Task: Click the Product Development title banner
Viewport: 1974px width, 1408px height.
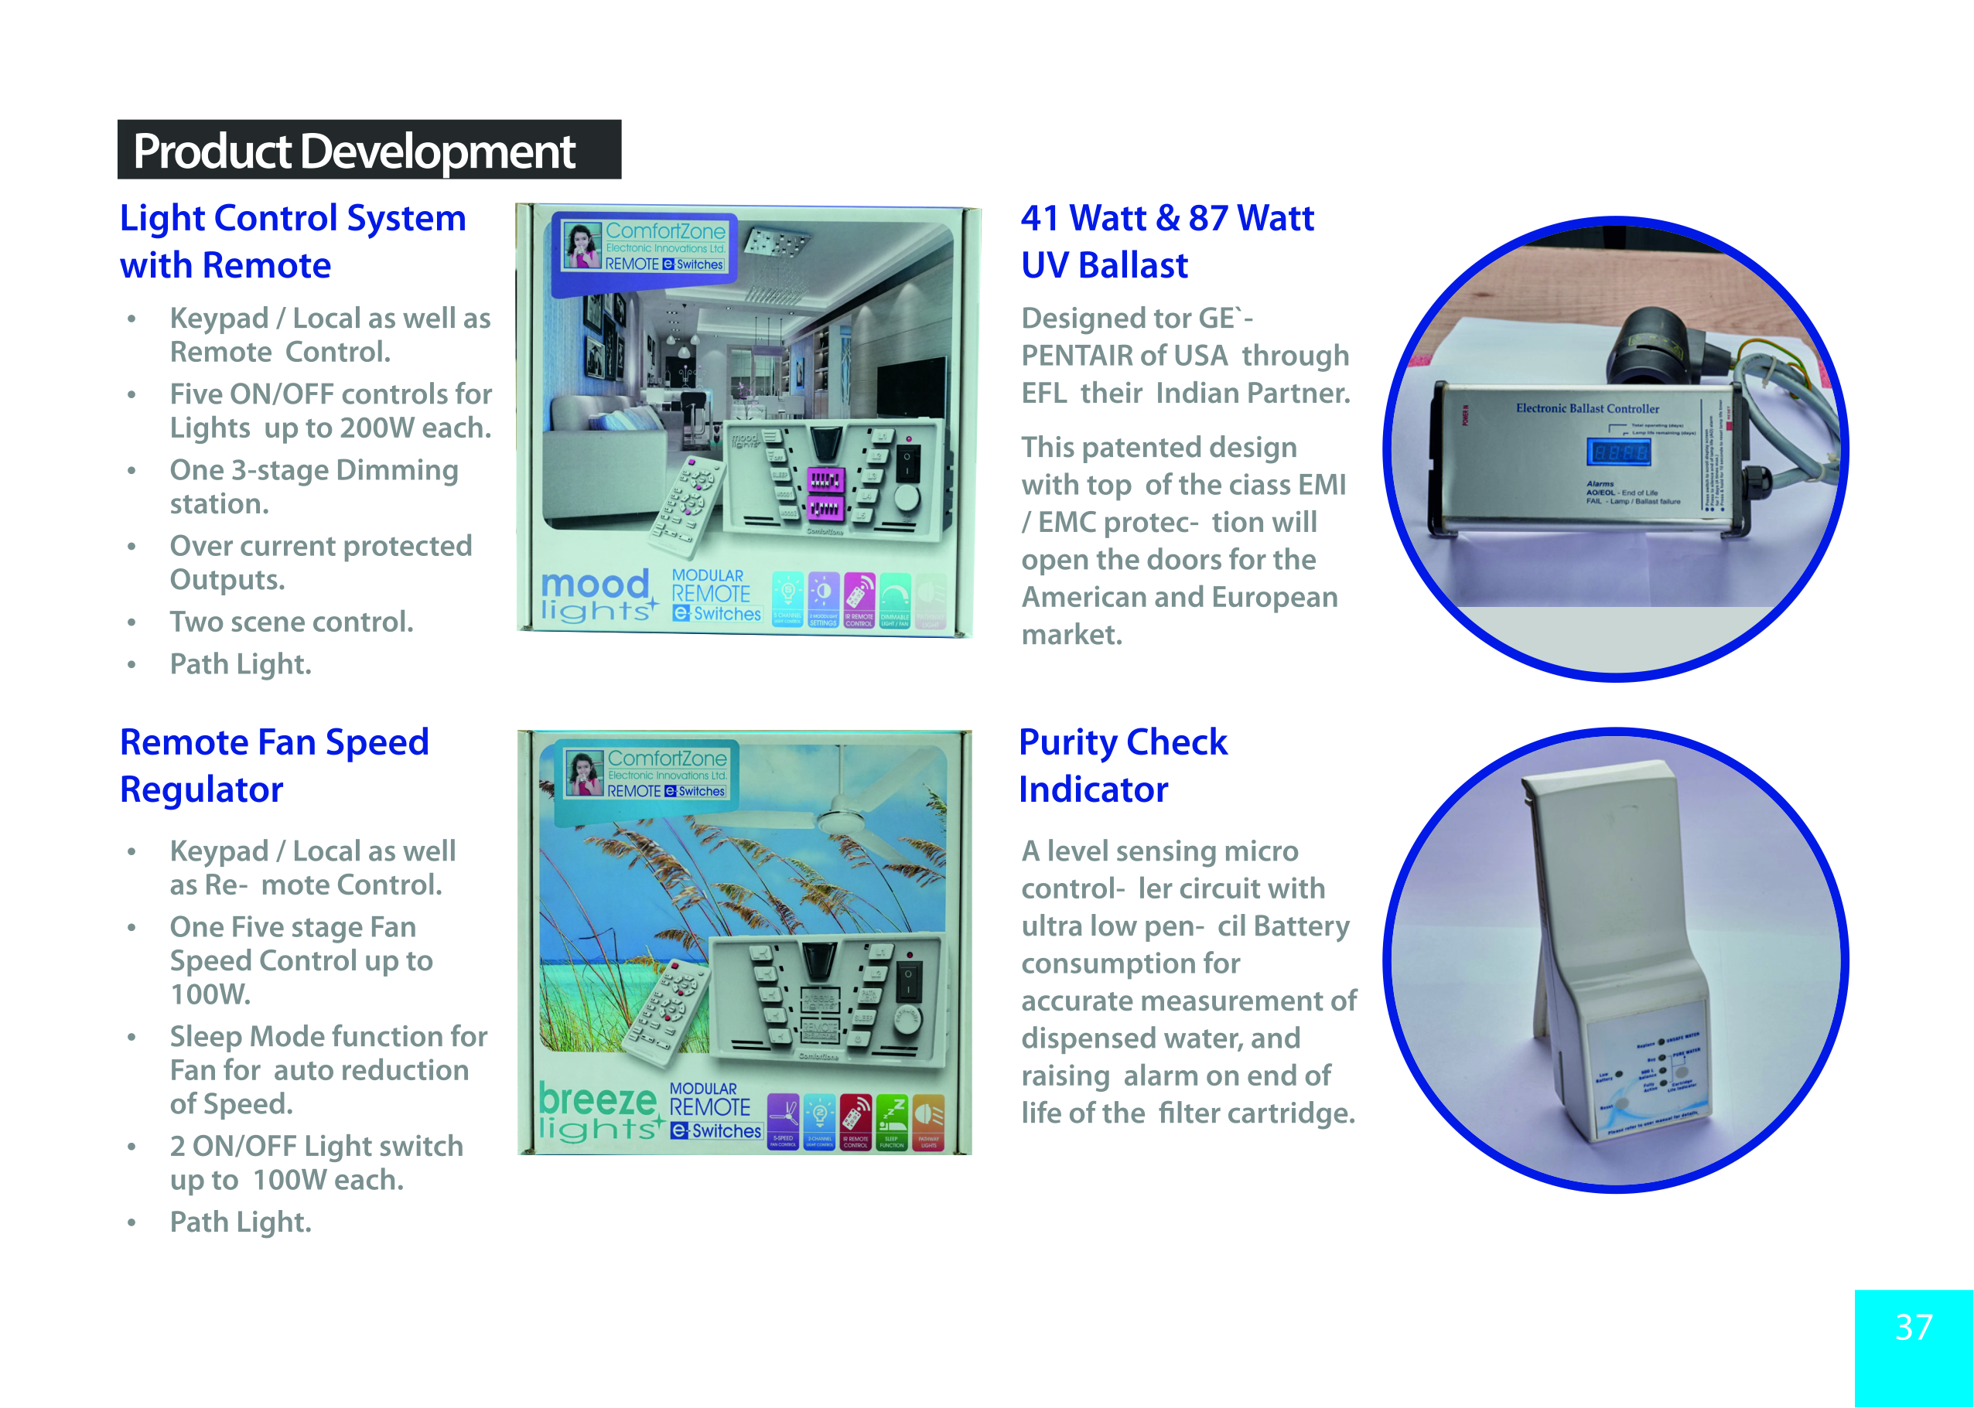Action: (369, 150)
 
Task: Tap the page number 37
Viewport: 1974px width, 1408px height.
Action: (1914, 1328)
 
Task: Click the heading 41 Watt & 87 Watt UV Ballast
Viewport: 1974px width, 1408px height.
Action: (1166, 241)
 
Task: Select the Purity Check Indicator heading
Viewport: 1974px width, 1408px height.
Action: (1123, 765)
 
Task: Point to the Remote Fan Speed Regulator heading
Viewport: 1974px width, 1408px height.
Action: (274, 765)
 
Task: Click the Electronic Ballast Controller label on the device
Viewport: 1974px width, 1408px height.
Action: (1587, 408)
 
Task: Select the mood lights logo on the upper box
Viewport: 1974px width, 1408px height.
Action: (596, 596)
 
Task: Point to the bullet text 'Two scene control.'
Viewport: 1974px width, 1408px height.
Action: (292, 622)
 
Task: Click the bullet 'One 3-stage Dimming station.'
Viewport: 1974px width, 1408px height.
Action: (313, 486)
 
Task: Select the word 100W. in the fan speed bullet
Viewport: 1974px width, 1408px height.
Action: (210, 994)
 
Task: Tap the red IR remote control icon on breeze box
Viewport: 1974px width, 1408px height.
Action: (856, 1121)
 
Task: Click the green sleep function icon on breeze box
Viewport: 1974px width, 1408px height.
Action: (892, 1121)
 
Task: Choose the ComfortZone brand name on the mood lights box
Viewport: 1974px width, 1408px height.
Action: (665, 231)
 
